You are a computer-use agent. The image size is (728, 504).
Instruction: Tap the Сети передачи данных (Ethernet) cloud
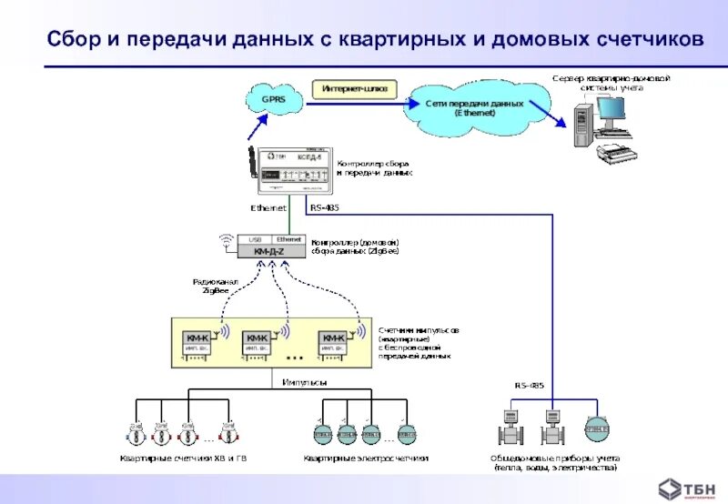[x=474, y=107]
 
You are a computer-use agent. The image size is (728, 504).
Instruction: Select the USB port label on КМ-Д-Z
[x=255, y=238]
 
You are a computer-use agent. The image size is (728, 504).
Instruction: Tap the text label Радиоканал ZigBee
[x=216, y=287]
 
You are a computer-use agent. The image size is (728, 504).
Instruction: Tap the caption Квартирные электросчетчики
[x=366, y=458]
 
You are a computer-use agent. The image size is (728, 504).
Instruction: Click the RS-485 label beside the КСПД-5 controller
[x=323, y=208]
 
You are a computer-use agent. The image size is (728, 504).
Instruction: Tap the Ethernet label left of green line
[x=268, y=208]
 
